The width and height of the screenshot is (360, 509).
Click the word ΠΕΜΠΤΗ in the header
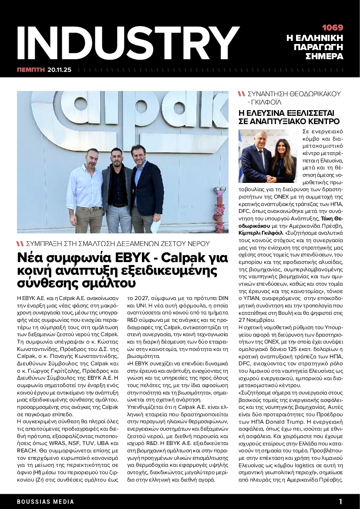[x=31, y=70]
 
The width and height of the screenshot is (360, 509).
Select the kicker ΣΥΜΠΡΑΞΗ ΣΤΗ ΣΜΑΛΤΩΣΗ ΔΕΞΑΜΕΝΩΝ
[x=118, y=244]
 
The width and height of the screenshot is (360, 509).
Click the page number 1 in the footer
[x=340, y=501]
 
